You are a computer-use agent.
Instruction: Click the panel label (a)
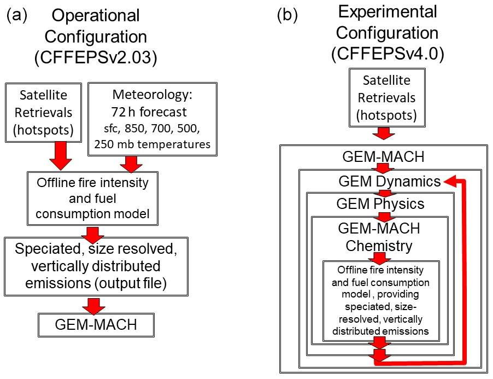click(17, 15)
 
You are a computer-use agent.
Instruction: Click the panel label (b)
click(287, 15)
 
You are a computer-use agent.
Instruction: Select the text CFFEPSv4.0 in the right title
click(386, 54)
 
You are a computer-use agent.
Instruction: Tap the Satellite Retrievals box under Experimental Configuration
click(389, 98)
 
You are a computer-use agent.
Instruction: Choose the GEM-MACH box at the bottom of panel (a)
click(96, 325)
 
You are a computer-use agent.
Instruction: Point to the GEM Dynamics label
click(389, 182)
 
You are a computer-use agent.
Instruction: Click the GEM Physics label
click(380, 204)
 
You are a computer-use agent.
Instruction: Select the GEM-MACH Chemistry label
click(379, 236)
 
